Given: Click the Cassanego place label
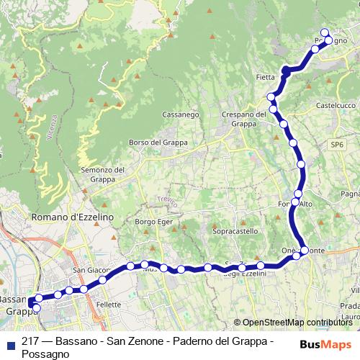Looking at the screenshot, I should tap(181, 114).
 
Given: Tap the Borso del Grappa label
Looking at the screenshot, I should tap(158, 143).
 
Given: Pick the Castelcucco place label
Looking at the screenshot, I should tap(336, 105).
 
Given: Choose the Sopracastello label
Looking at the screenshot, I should tap(235, 231).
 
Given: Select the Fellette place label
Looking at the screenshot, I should tap(108, 305).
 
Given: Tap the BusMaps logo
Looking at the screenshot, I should tap(325, 344).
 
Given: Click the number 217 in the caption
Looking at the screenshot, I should tap(30, 343).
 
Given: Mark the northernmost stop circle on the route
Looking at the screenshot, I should tap(325, 32).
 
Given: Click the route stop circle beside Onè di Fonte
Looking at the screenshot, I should tap(305, 250).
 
